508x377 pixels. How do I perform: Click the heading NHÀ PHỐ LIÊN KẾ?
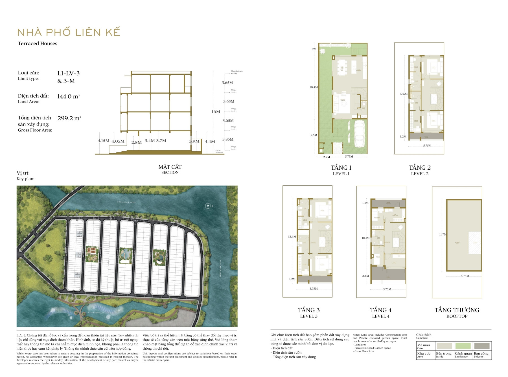click(69, 32)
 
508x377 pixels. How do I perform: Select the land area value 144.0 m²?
click(68, 96)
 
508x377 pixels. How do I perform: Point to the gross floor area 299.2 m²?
click(69, 118)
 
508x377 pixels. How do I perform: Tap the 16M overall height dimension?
click(216, 112)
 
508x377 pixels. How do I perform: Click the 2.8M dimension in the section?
click(136, 143)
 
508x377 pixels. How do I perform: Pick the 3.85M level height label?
click(228, 139)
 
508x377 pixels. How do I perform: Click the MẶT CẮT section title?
click(170, 167)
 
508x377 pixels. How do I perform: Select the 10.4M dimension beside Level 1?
click(314, 87)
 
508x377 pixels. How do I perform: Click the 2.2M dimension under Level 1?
click(327, 157)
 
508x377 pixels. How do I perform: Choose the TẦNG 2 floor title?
click(420, 168)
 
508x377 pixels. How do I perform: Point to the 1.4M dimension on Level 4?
click(365, 203)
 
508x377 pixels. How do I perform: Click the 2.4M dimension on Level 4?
click(365, 276)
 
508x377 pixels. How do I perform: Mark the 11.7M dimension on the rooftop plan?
click(443, 234)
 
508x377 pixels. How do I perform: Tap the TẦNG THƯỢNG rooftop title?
click(457, 310)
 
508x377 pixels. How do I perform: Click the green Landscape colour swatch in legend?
click(463, 346)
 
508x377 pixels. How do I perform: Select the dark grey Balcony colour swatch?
click(482, 346)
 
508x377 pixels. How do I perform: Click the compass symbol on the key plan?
click(208, 206)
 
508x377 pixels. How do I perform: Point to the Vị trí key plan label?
click(23, 173)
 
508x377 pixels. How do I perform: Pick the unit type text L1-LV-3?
click(69, 73)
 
